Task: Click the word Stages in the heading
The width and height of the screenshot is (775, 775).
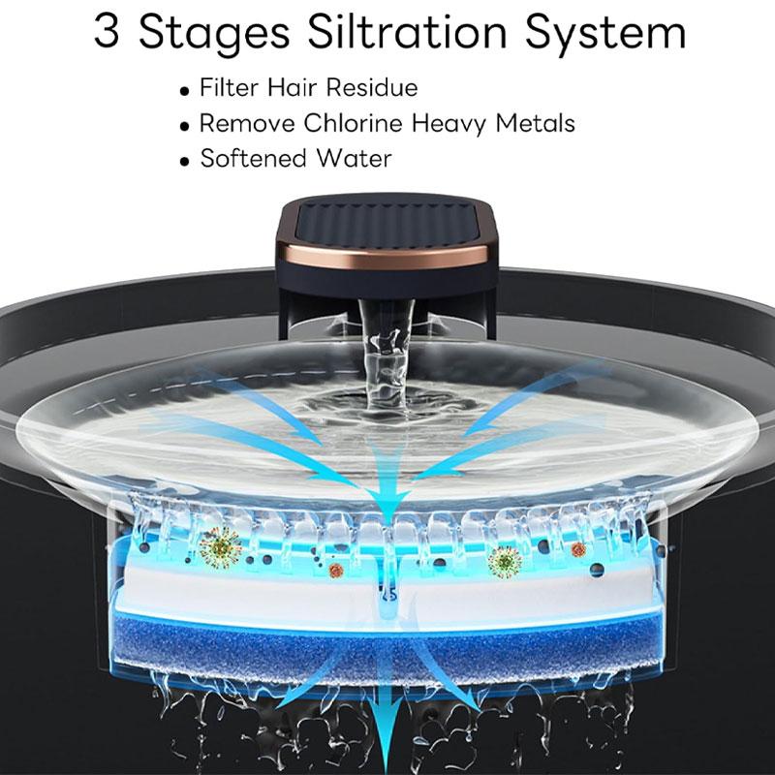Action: click(x=215, y=35)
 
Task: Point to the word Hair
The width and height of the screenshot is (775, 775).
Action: click(x=288, y=87)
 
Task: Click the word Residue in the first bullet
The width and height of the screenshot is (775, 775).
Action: click(x=371, y=87)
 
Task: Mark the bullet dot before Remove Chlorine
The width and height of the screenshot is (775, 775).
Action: click(x=185, y=126)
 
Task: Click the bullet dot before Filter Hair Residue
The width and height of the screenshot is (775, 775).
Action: click(x=185, y=90)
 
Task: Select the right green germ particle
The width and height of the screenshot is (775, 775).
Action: click(x=505, y=560)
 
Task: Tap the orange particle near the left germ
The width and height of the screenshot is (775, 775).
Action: click(x=335, y=570)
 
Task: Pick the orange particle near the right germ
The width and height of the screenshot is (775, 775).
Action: click(x=578, y=550)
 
